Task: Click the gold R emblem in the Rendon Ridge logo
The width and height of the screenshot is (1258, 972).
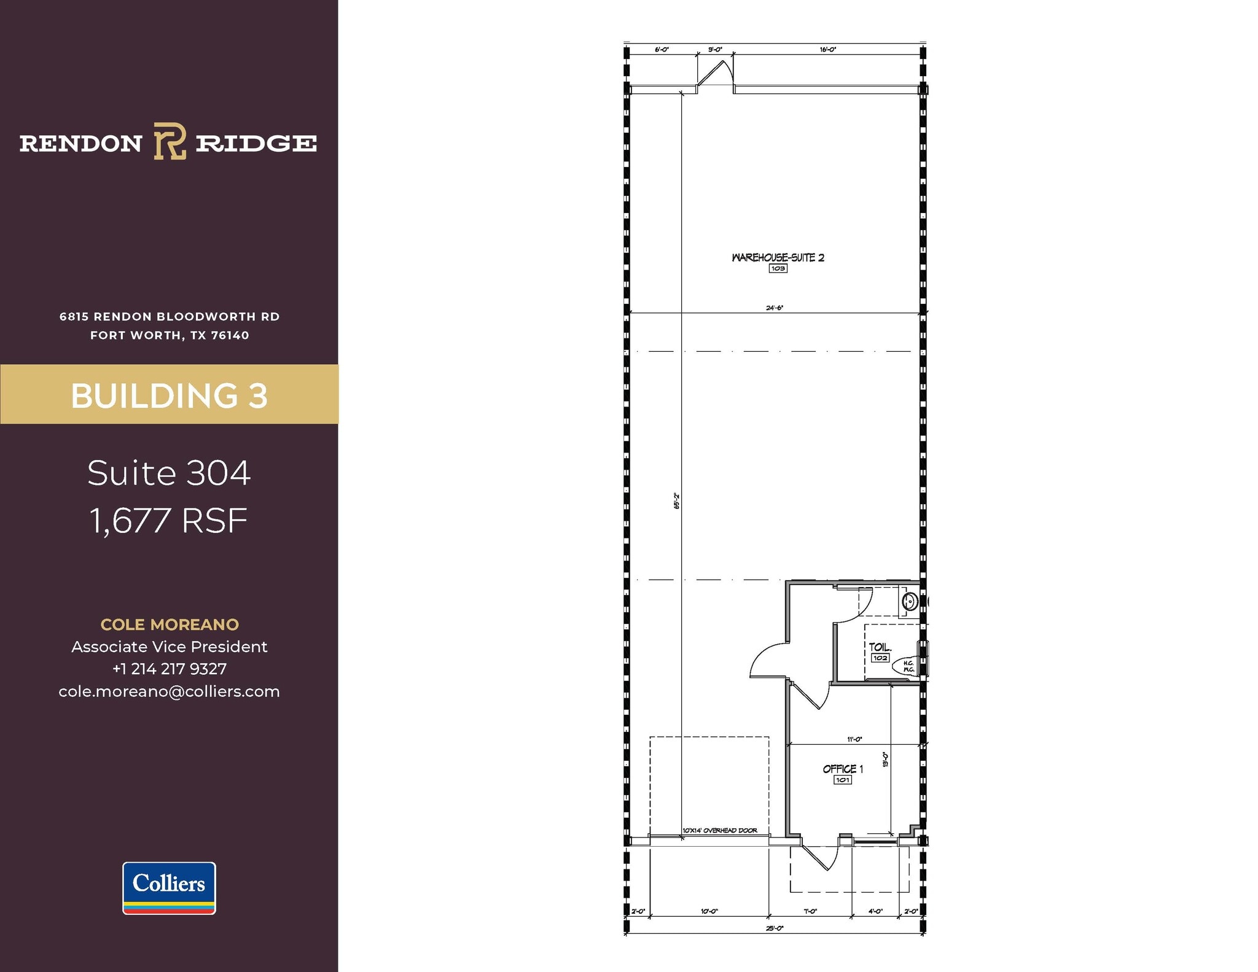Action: click(170, 141)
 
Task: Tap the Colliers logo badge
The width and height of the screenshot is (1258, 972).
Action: click(169, 888)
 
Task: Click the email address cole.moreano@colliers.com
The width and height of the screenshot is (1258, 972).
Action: click(169, 691)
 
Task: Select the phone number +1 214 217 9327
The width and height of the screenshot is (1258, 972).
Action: click(169, 669)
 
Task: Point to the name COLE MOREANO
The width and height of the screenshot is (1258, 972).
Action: click(170, 624)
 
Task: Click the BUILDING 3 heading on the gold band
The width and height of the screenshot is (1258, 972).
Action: click(169, 395)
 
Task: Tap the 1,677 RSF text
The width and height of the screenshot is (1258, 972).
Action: click(169, 521)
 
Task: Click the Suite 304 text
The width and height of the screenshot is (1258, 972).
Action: click(169, 473)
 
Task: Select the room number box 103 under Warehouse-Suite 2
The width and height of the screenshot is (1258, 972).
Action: click(778, 268)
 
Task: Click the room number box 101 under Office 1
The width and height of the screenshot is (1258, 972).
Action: click(842, 780)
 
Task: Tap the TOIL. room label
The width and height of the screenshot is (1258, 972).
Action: click(880, 647)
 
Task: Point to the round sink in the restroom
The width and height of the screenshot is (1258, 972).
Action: click(909, 601)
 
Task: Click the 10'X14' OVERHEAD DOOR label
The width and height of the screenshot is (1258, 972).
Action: click(720, 831)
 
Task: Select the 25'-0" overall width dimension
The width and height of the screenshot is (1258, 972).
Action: click(775, 928)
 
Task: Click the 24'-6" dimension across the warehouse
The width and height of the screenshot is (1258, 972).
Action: click(775, 308)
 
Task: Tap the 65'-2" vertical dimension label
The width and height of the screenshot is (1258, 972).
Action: click(676, 500)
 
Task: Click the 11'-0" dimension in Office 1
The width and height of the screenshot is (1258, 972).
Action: click(854, 739)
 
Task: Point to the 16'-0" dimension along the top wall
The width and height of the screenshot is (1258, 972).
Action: click(827, 50)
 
